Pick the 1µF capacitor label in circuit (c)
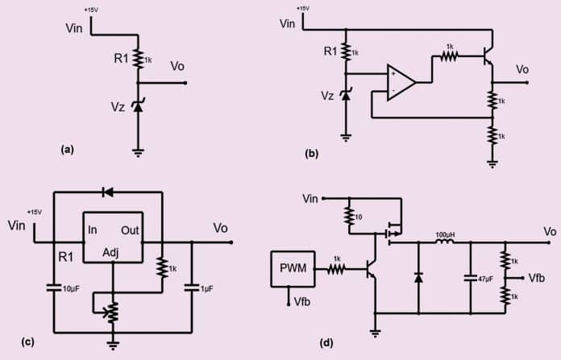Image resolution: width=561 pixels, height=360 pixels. (206, 288)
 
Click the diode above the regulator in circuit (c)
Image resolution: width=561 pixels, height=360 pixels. (107, 192)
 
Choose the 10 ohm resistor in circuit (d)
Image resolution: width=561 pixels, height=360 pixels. (350, 215)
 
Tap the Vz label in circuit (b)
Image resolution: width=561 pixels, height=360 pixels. (327, 95)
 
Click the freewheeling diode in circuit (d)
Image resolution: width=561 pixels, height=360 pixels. (418, 276)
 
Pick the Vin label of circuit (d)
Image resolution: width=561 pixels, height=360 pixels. (310, 197)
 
